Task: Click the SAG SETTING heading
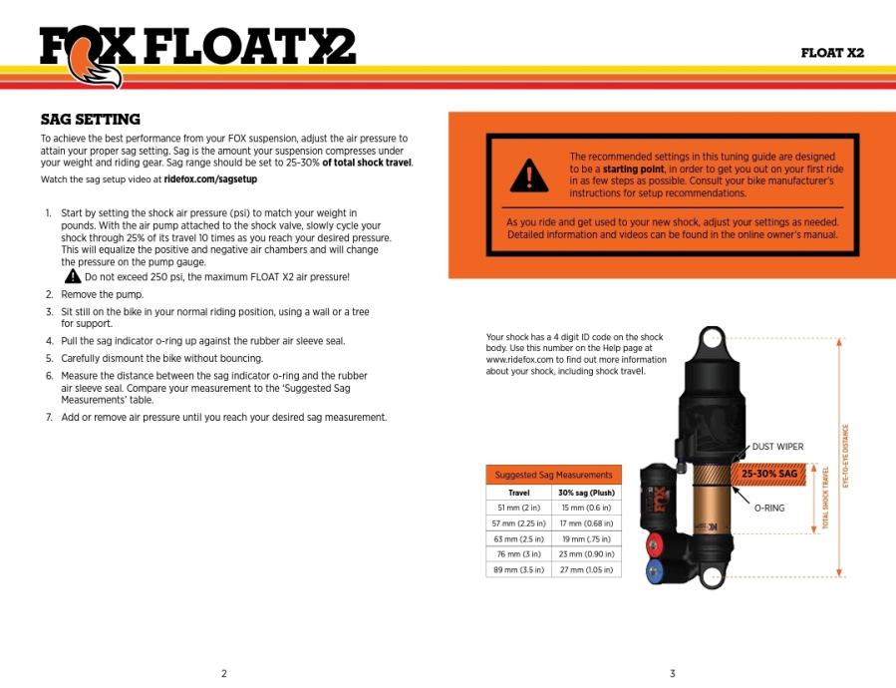click(90, 120)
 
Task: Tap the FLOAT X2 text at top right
click(832, 53)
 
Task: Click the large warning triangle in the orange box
click(529, 176)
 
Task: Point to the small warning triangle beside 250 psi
click(73, 276)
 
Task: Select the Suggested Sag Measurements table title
click(553, 475)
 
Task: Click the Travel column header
click(518, 493)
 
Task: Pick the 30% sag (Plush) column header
click(586, 493)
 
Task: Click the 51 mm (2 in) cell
click(518, 508)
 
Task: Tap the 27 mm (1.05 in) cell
click(586, 569)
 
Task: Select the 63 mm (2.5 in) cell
click(518, 538)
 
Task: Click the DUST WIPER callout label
click(777, 447)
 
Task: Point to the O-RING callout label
click(768, 508)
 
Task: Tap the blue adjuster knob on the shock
click(655, 573)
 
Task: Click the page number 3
click(673, 673)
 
